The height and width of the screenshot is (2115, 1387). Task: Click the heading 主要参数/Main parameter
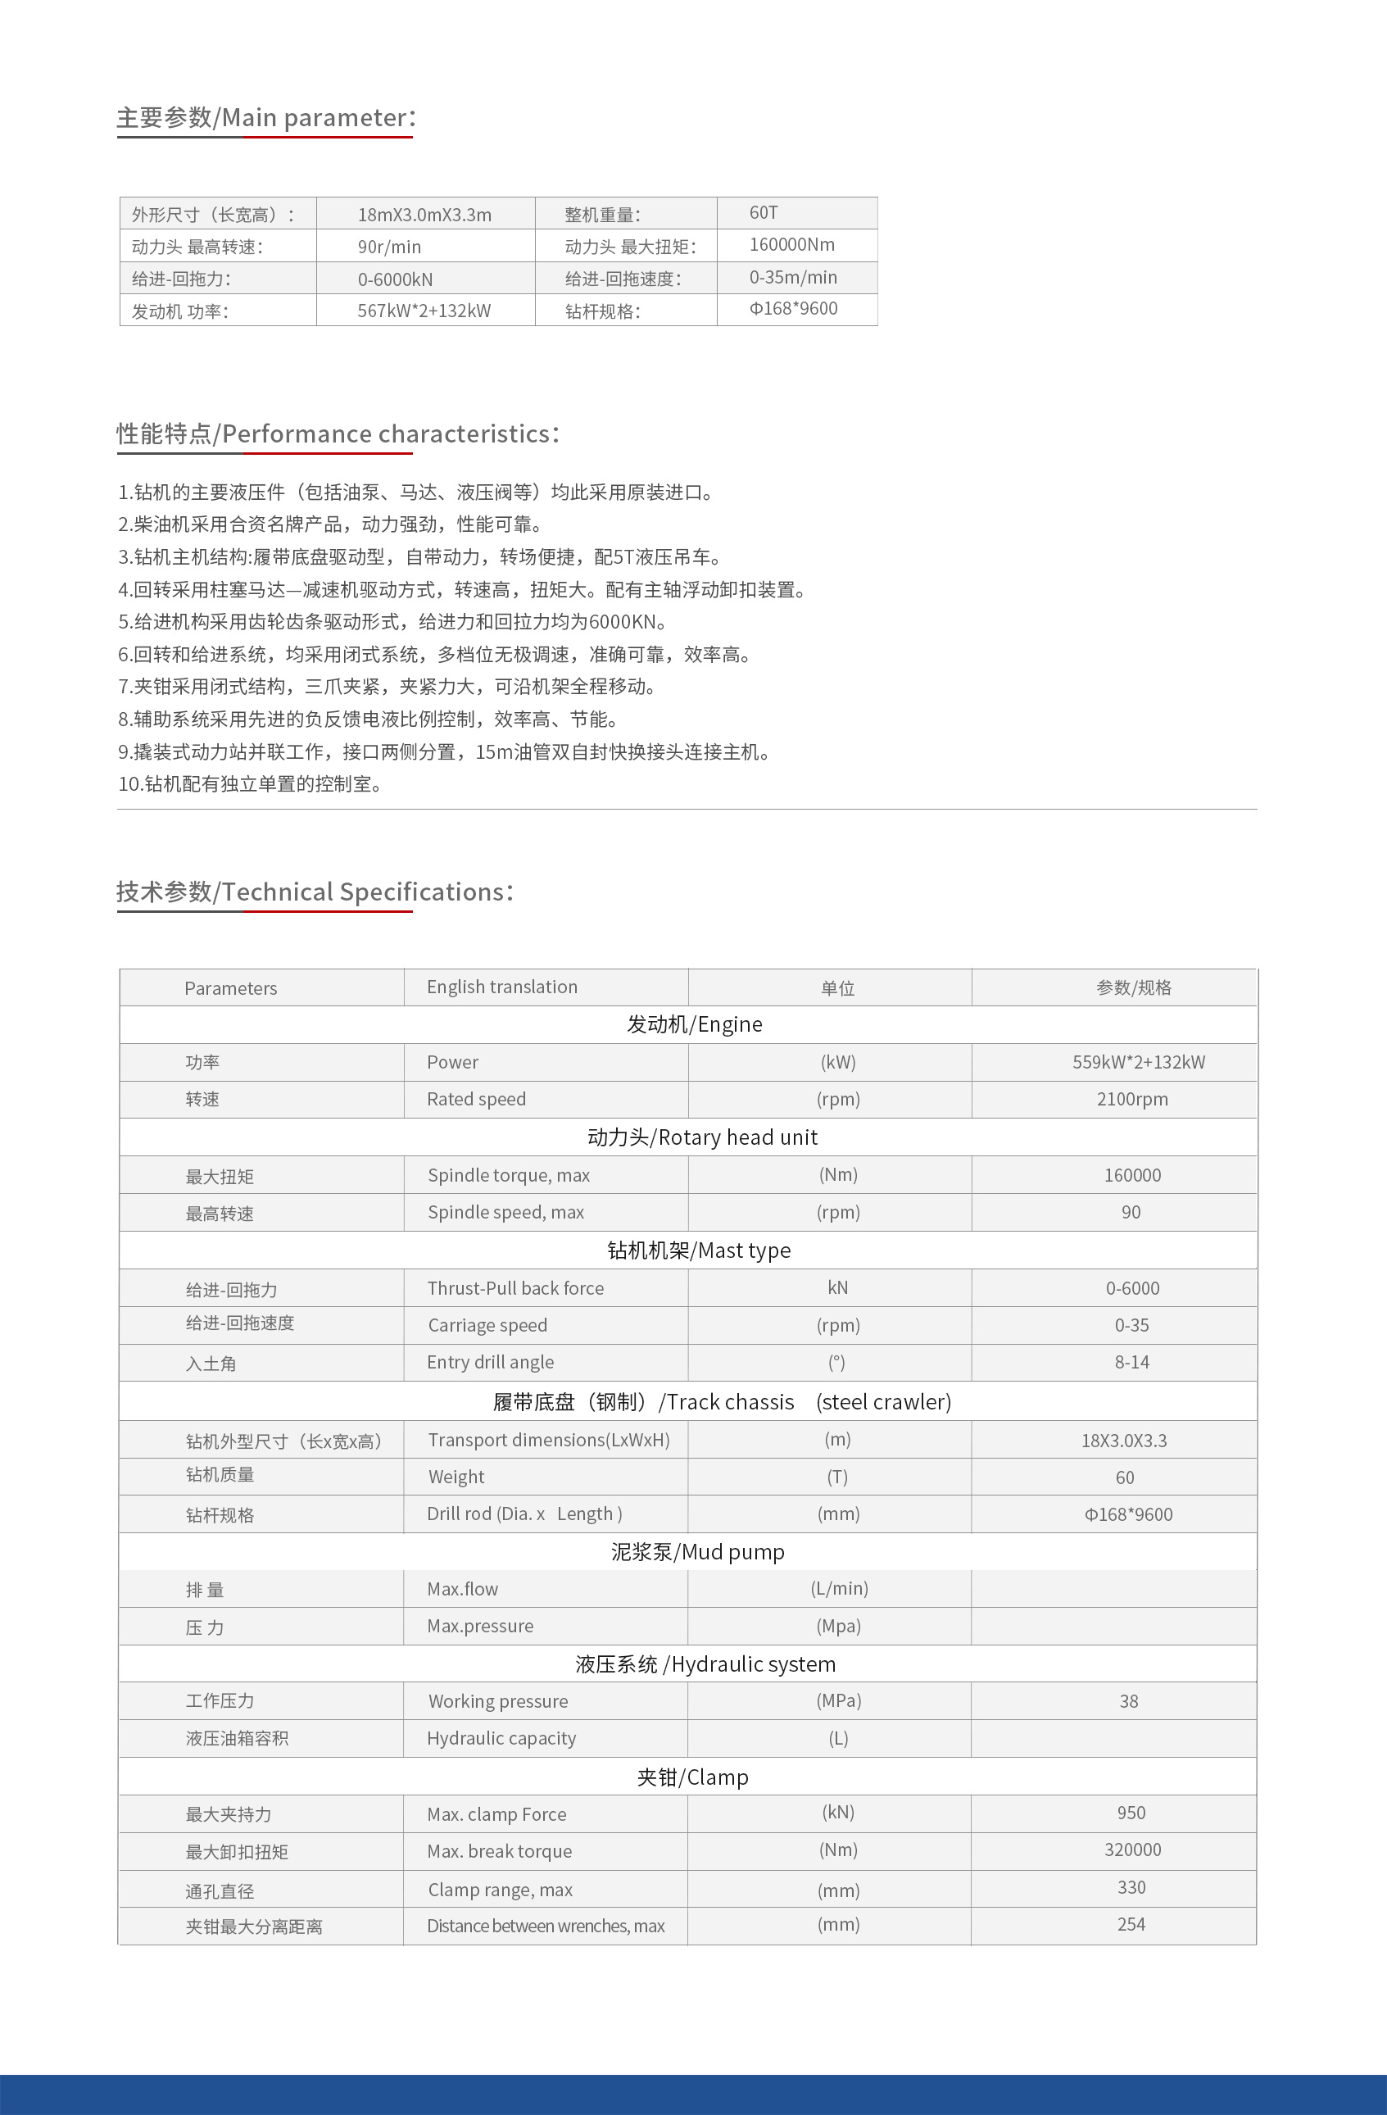265,117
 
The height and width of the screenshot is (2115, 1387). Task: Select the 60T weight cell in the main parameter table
764,212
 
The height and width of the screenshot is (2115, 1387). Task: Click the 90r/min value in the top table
389,247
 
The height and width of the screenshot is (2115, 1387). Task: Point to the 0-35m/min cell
792,277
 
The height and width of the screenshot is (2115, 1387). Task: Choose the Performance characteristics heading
338,433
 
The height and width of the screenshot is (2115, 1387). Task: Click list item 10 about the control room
251,783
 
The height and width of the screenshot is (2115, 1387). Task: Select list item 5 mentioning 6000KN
392,622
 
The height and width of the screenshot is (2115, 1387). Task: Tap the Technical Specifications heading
315,892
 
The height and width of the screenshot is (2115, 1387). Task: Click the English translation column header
502,987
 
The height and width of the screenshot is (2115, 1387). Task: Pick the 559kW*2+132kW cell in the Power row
1138,1062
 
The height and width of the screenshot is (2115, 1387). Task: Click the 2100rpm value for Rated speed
1132,1099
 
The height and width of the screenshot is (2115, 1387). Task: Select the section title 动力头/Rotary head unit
702,1137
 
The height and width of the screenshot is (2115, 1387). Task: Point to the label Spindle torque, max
508,1176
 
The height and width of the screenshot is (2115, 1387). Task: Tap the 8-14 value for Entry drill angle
1132,1362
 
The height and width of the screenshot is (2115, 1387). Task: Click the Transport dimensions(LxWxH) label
548,1441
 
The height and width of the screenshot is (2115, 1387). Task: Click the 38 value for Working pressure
1128,1702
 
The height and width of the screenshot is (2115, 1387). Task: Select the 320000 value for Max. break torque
1132,1850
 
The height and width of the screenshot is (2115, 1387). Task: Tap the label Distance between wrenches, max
546,1926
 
